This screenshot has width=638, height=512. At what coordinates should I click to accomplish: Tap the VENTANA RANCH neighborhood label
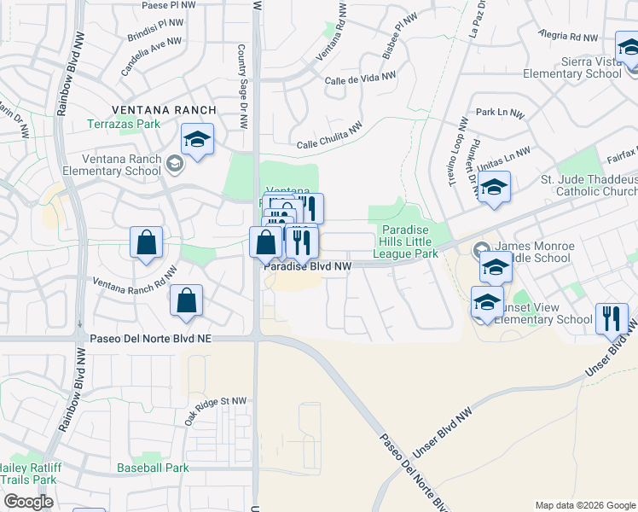164,110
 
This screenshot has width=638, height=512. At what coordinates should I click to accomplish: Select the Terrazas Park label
124,125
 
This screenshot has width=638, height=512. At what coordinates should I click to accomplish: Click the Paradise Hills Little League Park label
409,241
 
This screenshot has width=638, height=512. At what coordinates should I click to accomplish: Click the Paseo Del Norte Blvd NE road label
150,339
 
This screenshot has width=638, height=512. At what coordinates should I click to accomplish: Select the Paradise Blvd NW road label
308,267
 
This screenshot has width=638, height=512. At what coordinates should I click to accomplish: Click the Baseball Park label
153,468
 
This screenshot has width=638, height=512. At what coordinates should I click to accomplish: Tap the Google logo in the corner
29,502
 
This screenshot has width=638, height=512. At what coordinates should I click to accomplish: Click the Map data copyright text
585,505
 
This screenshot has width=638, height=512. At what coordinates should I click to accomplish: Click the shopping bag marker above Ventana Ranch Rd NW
147,241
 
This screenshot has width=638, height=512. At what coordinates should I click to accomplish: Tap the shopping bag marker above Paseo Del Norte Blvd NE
186,300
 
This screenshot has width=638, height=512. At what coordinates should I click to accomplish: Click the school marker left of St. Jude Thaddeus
493,188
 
